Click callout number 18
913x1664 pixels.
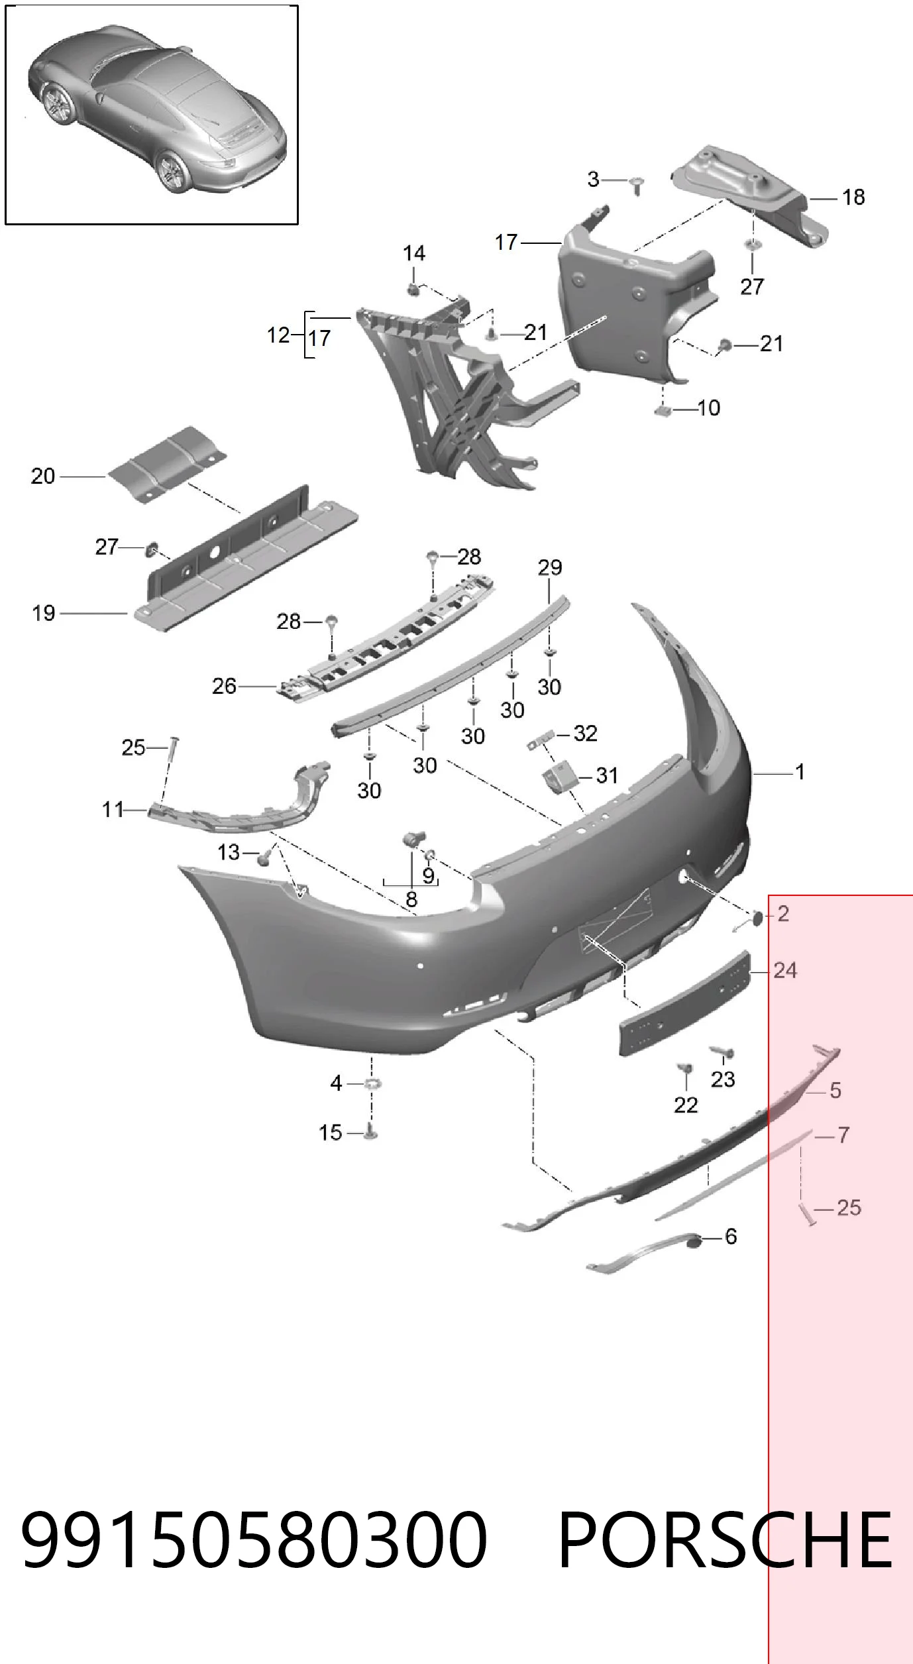853,197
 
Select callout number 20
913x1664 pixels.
43,476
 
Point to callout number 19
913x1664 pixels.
44,613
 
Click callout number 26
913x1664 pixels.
224,686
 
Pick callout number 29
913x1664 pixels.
550,567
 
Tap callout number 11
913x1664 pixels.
113,809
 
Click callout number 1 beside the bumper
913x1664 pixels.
800,772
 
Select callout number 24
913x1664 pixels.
785,970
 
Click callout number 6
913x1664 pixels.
731,1236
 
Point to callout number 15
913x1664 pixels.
331,1133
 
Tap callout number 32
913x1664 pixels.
586,733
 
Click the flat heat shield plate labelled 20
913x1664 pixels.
167,464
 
